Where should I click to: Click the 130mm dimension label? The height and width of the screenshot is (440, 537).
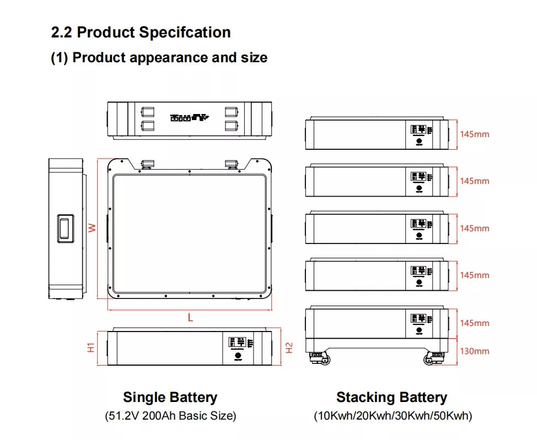point(474,351)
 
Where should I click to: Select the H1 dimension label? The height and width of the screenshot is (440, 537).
point(92,347)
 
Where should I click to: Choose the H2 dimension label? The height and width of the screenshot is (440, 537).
point(289,347)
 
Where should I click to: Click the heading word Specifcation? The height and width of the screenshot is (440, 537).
point(185,32)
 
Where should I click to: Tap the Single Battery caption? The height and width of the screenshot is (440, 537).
point(170,397)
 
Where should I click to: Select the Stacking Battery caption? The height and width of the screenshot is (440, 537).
point(391,397)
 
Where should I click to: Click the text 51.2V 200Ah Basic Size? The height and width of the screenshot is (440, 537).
point(170,416)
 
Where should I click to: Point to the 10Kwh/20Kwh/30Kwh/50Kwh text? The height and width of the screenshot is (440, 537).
point(393,416)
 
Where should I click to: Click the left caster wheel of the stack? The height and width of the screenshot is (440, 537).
point(323,360)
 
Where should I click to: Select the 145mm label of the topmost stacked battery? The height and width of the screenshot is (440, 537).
point(474,134)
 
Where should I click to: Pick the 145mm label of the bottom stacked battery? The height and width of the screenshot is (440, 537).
point(474,323)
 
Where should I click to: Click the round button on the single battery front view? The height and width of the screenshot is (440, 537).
point(238,356)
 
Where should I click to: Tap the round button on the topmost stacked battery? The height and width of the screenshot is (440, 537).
point(419,142)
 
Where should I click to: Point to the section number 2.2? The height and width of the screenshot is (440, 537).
point(62,32)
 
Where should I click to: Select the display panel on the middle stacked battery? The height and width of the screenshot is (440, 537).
point(418,224)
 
